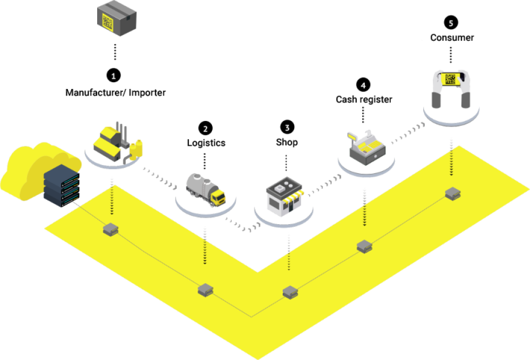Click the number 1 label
pos(114,76)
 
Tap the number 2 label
pos(205,129)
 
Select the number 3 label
pos(287,128)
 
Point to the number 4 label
pos(363,86)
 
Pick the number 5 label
pos(451,23)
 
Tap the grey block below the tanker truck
pos(205,289)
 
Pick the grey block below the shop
pos(290,292)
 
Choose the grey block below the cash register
pos(364,246)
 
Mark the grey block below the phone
pos(453,193)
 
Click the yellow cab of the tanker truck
pos(218,197)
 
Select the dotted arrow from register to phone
pos(406,133)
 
